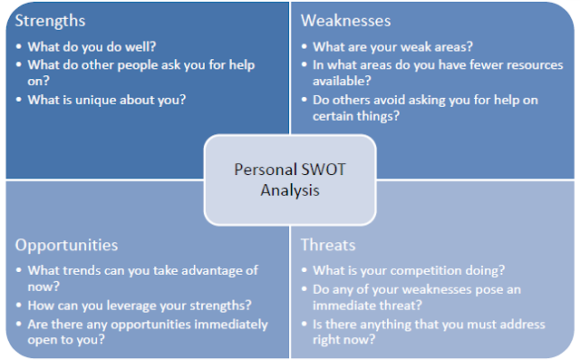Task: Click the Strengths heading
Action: point(53,20)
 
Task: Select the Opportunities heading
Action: point(66,245)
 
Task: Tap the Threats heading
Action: point(327,245)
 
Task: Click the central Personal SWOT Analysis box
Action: point(290,179)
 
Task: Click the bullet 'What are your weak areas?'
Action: point(392,46)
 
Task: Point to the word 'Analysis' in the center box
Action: point(290,190)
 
